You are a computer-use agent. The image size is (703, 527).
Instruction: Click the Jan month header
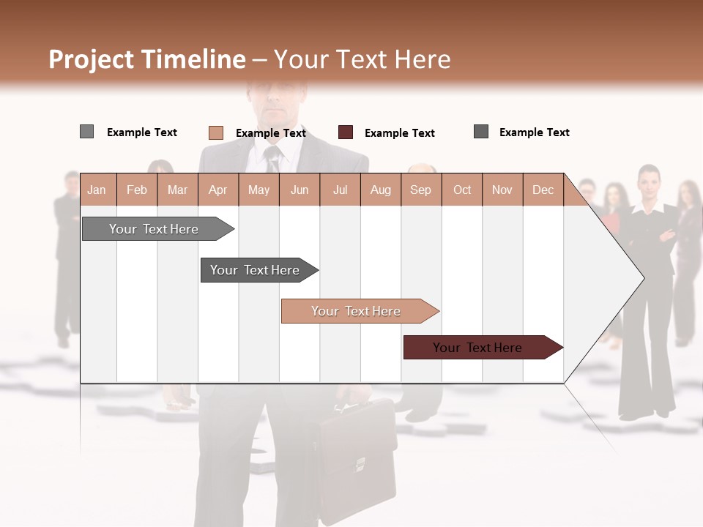[x=97, y=190]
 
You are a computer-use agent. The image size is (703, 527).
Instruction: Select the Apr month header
[x=217, y=190]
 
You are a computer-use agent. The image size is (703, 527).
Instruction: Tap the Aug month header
[x=380, y=190]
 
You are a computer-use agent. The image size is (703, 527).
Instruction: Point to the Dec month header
[x=543, y=190]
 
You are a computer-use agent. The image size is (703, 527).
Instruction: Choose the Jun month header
[x=300, y=190]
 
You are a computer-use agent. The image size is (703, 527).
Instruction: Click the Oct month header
[x=462, y=190]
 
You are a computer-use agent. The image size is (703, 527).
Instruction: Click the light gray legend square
[x=86, y=132]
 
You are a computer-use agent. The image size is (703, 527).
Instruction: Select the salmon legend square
[x=215, y=132]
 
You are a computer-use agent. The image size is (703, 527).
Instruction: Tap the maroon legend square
[x=346, y=132]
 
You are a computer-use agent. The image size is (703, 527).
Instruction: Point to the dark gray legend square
[x=481, y=132]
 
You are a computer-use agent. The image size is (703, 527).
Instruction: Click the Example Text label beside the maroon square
[x=399, y=133]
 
